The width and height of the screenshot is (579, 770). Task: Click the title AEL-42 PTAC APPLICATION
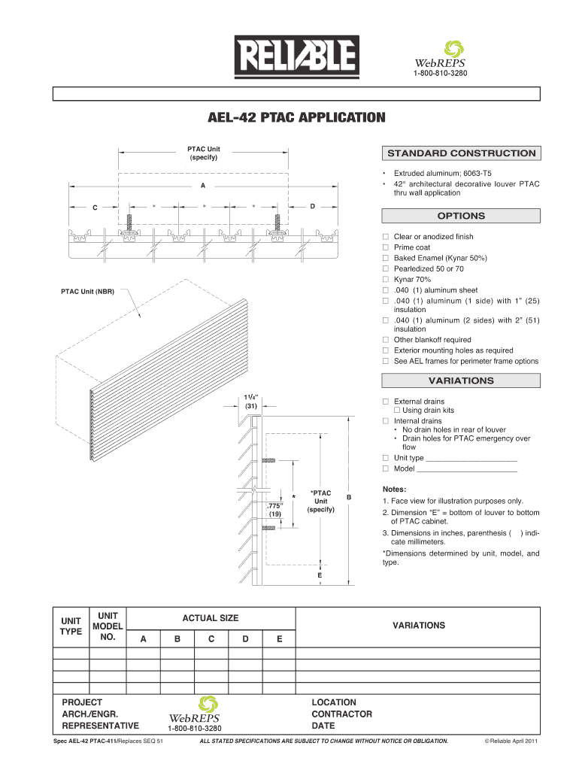click(296, 118)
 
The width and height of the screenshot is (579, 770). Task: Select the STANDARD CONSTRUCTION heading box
click(461, 153)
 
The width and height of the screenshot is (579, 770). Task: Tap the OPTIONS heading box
click(461, 216)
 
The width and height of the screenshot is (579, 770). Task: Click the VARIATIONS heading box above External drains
click(461, 380)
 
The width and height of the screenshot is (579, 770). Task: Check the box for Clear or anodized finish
click(386, 237)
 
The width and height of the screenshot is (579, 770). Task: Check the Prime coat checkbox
click(386, 247)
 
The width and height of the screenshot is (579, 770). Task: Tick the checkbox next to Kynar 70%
click(386, 280)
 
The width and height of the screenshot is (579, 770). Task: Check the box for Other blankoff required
click(386, 340)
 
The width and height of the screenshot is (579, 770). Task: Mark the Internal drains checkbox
click(386, 421)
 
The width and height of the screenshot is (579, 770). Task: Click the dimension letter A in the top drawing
click(203, 185)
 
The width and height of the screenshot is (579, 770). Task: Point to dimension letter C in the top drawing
click(94, 208)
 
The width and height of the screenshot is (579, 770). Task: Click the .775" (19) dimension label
click(275, 510)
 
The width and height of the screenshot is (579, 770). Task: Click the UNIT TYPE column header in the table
click(71, 626)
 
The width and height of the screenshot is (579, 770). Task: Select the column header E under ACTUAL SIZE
click(279, 639)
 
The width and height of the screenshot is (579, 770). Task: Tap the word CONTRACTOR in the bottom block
click(341, 714)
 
